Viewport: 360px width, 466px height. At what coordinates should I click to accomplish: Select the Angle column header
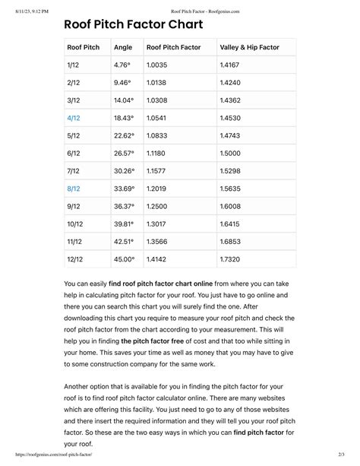click(122, 47)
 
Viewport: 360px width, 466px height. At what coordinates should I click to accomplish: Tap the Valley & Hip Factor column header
click(249, 47)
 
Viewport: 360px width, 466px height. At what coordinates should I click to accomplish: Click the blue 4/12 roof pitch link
click(74, 118)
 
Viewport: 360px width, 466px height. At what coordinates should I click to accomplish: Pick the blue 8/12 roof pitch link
click(74, 188)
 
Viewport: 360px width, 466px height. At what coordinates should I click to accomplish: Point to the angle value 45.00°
click(124, 258)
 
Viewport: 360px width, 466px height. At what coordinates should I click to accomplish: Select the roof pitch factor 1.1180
click(158, 153)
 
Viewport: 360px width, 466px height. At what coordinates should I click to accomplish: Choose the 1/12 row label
click(73, 65)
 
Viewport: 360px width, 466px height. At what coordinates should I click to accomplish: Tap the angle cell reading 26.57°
click(124, 153)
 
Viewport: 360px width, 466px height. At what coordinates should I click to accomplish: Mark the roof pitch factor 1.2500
click(159, 206)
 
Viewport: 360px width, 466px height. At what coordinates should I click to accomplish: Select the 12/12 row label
click(75, 258)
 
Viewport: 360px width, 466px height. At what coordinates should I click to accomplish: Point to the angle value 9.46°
click(122, 83)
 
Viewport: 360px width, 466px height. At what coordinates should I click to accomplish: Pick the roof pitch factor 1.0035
click(158, 65)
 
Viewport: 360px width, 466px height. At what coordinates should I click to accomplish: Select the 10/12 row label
click(75, 223)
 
